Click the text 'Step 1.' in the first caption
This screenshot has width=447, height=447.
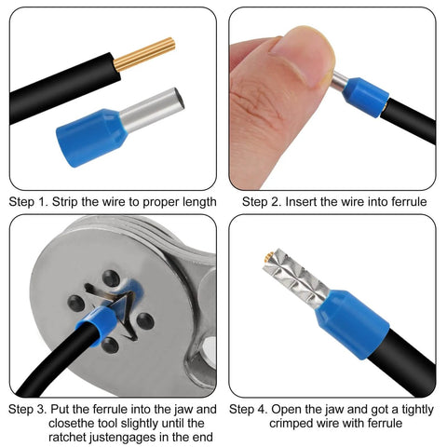[29, 202]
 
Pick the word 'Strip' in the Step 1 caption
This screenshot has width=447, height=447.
[69, 202]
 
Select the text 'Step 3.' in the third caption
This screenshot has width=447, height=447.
[29, 409]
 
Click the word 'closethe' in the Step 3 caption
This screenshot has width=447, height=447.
[36, 423]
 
